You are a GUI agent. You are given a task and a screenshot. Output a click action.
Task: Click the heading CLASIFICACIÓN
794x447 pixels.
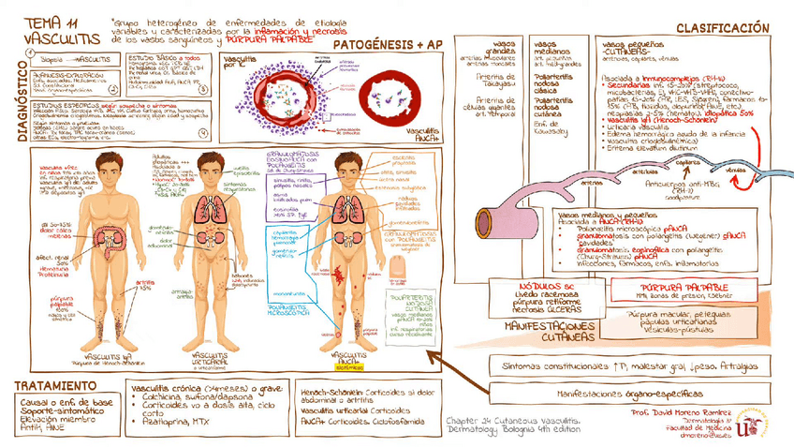tap(724, 28)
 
